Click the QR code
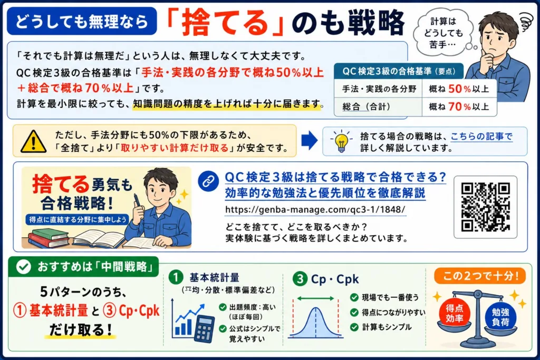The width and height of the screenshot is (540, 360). [x=485, y=207]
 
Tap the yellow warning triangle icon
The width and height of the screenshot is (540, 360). [x=33, y=141]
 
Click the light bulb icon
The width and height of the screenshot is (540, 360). [x=341, y=141]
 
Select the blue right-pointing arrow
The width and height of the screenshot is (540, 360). [x=309, y=140]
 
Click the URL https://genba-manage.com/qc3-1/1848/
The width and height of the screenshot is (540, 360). [x=315, y=210]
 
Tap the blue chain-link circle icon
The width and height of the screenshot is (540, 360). [x=208, y=181]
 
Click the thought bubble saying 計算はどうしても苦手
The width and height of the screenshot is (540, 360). [x=443, y=33]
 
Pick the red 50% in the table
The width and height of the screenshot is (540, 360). [x=459, y=89]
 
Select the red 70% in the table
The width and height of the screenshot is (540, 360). [x=459, y=106]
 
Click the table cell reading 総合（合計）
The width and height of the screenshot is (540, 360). [x=378, y=106]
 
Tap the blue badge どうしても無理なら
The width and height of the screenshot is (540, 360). [x=82, y=21]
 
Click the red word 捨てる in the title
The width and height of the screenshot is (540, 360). [x=225, y=23]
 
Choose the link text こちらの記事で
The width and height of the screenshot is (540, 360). [x=481, y=137]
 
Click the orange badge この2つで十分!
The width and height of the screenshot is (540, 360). [x=480, y=276]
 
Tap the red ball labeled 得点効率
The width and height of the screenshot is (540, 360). [x=454, y=313]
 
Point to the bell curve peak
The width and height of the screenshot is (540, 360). [x=315, y=308]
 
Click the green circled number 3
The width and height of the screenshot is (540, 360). [x=300, y=279]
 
